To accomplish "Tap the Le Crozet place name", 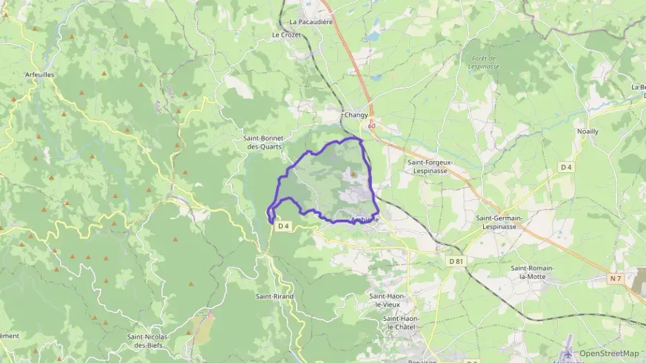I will (x=286, y=34).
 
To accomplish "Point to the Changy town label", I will (x=356, y=116).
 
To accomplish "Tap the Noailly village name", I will (x=587, y=131).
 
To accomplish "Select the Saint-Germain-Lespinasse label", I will (x=500, y=222).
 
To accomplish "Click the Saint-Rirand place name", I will (x=275, y=297).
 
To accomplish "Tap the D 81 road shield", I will (x=456, y=261).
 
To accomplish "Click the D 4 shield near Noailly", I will (x=567, y=167).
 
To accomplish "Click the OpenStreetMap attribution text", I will (x=609, y=353).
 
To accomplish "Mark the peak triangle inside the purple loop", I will (x=353, y=175).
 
